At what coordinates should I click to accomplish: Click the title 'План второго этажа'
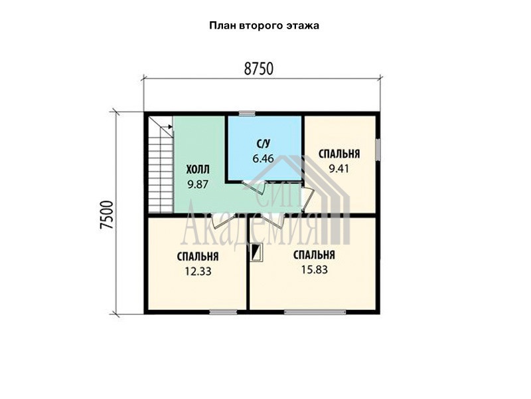point(264,26)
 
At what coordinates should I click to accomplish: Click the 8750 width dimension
point(258,69)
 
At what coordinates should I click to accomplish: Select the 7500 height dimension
point(106,215)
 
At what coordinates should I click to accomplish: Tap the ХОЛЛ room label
point(198,169)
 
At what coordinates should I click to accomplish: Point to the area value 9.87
point(198,184)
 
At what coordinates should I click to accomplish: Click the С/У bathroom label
point(263,144)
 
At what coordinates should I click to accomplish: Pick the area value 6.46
point(263,158)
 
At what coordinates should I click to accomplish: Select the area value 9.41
point(339,169)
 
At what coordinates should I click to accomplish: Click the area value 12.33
point(198,271)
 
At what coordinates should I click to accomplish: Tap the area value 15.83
point(314,270)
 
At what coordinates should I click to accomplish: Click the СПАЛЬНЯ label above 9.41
point(339,154)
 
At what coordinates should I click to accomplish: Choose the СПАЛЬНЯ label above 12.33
point(198,257)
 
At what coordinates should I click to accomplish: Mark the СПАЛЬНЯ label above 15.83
point(314,255)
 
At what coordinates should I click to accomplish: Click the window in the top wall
point(246,114)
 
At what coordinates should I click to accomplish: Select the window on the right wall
point(378,150)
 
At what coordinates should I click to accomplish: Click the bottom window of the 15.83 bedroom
point(315,312)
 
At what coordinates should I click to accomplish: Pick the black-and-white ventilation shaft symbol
point(256,253)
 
